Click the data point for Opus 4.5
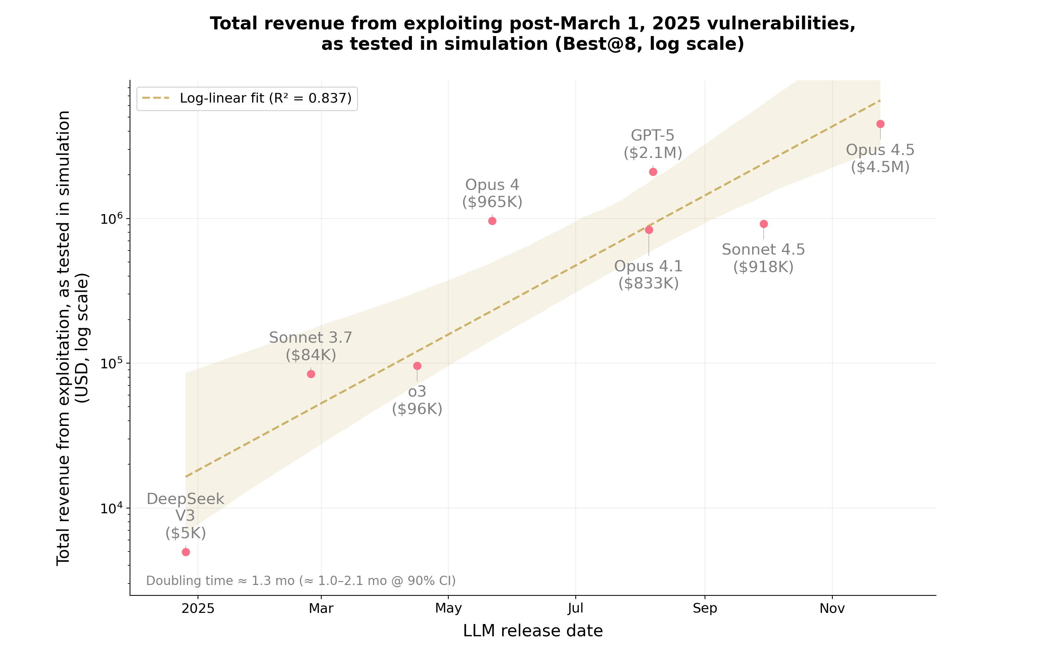click(x=880, y=124)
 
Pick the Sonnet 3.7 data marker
click(x=311, y=374)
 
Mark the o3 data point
click(x=417, y=366)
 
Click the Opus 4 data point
click(x=492, y=221)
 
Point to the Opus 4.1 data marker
click(x=649, y=230)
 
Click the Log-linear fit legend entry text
click(x=265, y=98)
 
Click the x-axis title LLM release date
click(x=533, y=631)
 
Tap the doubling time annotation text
click(x=301, y=581)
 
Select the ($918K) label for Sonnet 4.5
click(x=763, y=267)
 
